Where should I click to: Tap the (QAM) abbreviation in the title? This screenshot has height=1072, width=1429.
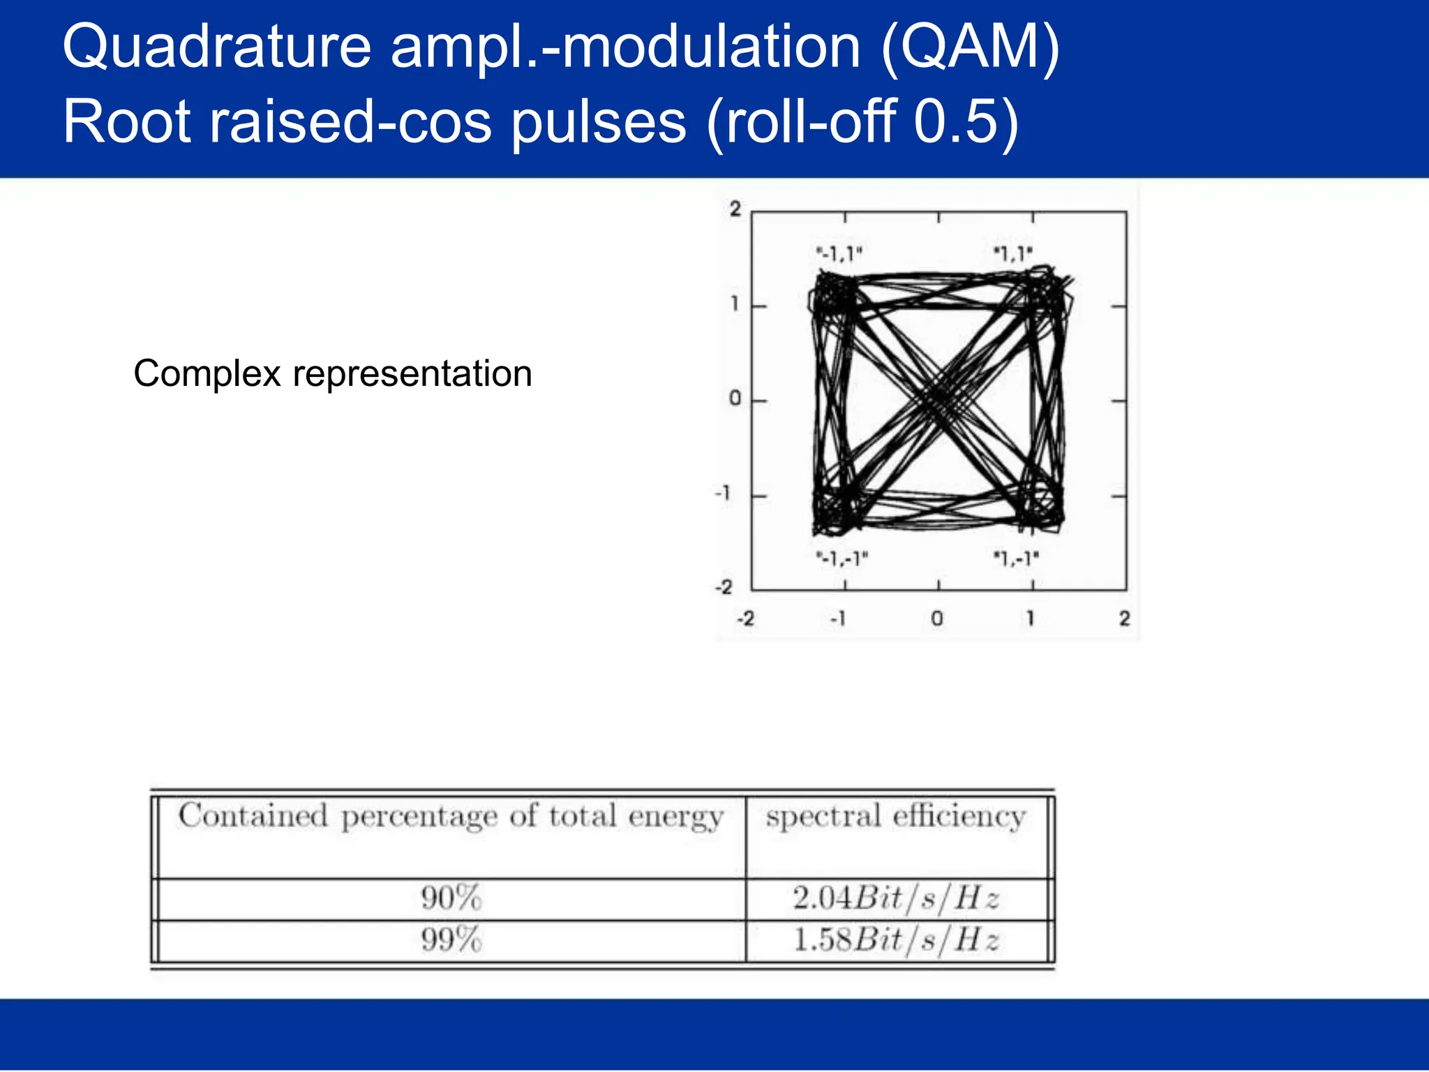coord(970,47)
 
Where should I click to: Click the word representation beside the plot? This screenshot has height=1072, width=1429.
coord(412,374)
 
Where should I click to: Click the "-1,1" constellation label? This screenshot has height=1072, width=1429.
coord(839,254)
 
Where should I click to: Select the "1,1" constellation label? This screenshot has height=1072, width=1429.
coord(1012,254)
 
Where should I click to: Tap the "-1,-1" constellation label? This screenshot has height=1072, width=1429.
coord(842,558)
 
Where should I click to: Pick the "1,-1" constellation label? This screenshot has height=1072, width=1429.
coord(1016,558)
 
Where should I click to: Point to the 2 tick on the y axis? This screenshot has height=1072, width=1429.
coord(735,209)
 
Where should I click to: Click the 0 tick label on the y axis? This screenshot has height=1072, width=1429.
coord(735,399)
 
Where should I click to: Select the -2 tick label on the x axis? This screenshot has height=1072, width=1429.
coord(746,619)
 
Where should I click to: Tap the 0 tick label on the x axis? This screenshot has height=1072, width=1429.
coord(937,619)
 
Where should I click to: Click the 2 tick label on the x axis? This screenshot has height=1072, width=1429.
coord(1124,619)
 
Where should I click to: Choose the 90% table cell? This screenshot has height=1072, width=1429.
coord(451,898)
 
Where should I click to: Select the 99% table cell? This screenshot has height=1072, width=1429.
coord(451,940)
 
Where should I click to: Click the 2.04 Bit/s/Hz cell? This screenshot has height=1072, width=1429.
coord(897,898)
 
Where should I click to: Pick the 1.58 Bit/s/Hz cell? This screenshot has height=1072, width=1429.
coord(897,940)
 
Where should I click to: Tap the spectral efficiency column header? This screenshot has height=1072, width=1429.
coord(896,817)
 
